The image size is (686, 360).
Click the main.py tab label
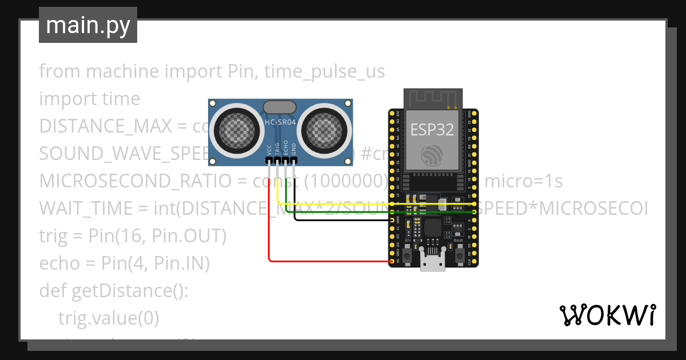pyautogui.click(x=88, y=25)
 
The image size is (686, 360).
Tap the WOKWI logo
pyautogui.click(x=607, y=315)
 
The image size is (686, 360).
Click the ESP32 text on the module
pyautogui.click(x=432, y=130)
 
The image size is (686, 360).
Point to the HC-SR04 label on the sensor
pyautogui.click(x=281, y=122)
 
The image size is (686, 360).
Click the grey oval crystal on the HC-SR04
pyautogui.click(x=280, y=106)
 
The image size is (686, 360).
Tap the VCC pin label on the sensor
pyautogui.click(x=269, y=150)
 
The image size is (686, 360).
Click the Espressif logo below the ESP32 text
pyautogui.click(x=432, y=155)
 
